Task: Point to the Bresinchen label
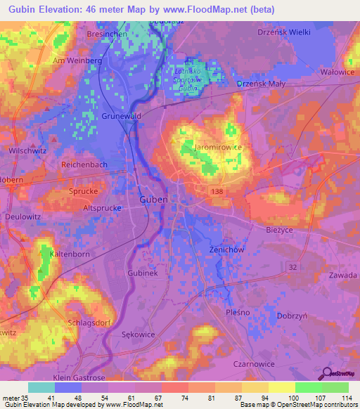(x=106, y=34)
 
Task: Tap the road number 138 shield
(x=218, y=190)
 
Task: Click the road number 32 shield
(x=293, y=266)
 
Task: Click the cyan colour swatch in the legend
(x=41, y=387)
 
